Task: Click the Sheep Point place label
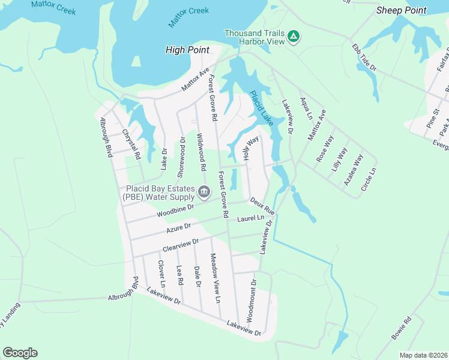(x=401, y=10)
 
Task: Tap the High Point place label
(x=187, y=50)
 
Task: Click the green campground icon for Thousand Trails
(x=294, y=37)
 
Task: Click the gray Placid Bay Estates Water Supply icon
(x=203, y=193)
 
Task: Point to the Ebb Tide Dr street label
(x=364, y=57)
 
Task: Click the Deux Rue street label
(x=262, y=207)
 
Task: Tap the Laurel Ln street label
(x=250, y=220)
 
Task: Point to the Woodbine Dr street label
(x=175, y=211)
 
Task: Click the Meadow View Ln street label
(x=215, y=277)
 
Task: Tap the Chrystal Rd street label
(x=131, y=145)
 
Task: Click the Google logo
(x=20, y=353)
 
